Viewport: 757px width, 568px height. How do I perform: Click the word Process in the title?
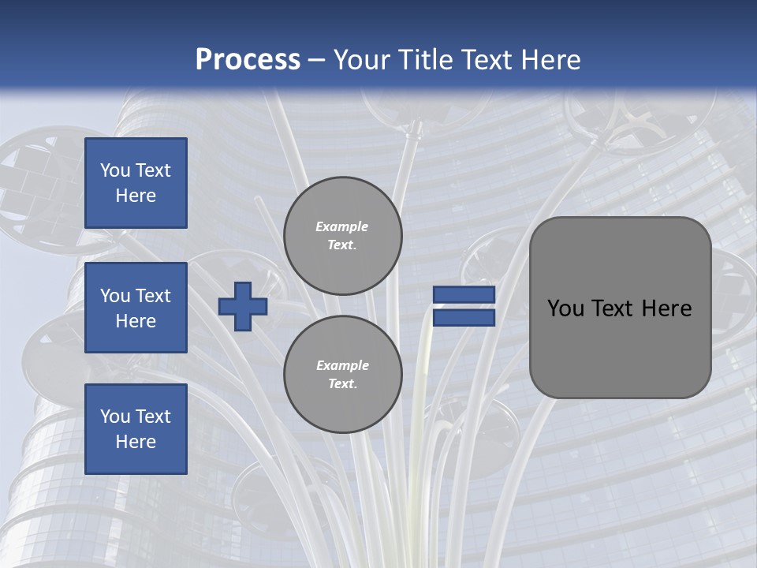[x=248, y=59]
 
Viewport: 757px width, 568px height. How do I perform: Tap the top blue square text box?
[x=136, y=183]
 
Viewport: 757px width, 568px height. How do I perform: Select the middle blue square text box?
[x=136, y=308]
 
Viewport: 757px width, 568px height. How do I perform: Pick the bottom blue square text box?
[x=136, y=429]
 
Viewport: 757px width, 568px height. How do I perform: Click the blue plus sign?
[x=243, y=306]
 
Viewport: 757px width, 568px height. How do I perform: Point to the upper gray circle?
[x=342, y=236]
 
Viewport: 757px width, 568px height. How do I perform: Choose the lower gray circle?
[x=342, y=374]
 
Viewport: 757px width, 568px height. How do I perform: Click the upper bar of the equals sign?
[x=464, y=294]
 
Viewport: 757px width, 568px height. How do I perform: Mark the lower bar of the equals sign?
[x=464, y=318]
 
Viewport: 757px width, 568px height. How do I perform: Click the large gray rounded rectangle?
[x=621, y=347]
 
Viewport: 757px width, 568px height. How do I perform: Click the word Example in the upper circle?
[x=342, y=226]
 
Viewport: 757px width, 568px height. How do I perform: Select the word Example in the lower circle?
[x=342, y=365]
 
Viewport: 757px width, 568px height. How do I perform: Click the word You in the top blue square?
[x=114, y=170]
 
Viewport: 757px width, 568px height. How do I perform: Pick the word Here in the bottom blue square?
[x=136, y=442]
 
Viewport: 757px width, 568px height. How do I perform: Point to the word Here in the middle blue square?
[x=136, y=321]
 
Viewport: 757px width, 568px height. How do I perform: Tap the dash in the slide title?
[x=317, y=59]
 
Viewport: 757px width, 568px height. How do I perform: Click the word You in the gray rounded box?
[x=565, y=308]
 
